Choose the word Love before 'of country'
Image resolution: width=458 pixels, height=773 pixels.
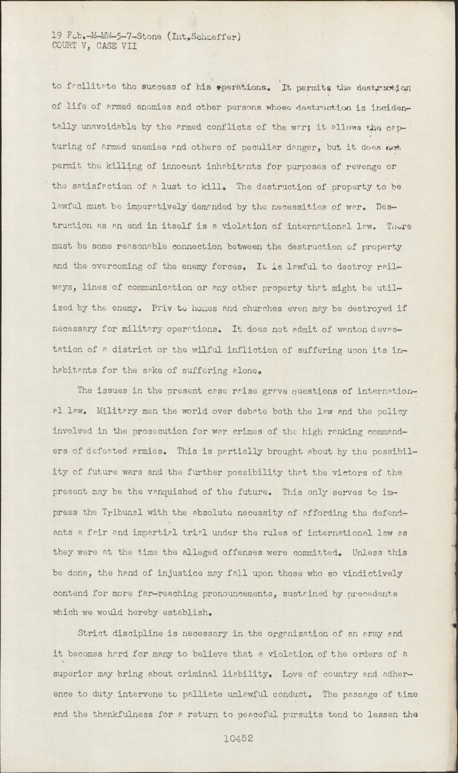(x=294, y=673)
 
